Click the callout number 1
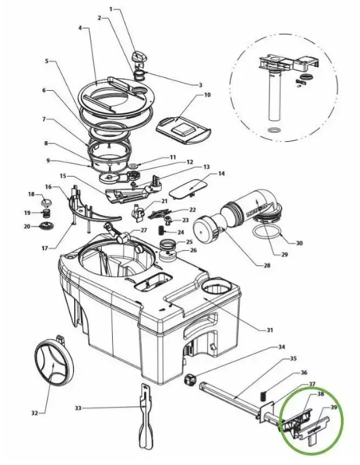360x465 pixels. pos(111,10)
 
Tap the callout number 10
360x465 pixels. pos(207,95)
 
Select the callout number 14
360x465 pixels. pos(221,174)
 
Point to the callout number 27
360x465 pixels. pos(143,230)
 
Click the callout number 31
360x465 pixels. pos(269,330)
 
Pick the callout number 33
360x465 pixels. pos(78,408)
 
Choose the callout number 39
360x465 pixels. pos(334,408)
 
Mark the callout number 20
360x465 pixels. pos(27,227)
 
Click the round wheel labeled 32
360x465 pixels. pos(53,364)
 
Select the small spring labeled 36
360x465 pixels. pos(263,396)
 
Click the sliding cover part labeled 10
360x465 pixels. pos(183,130)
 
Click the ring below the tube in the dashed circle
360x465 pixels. pos(274,131)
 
